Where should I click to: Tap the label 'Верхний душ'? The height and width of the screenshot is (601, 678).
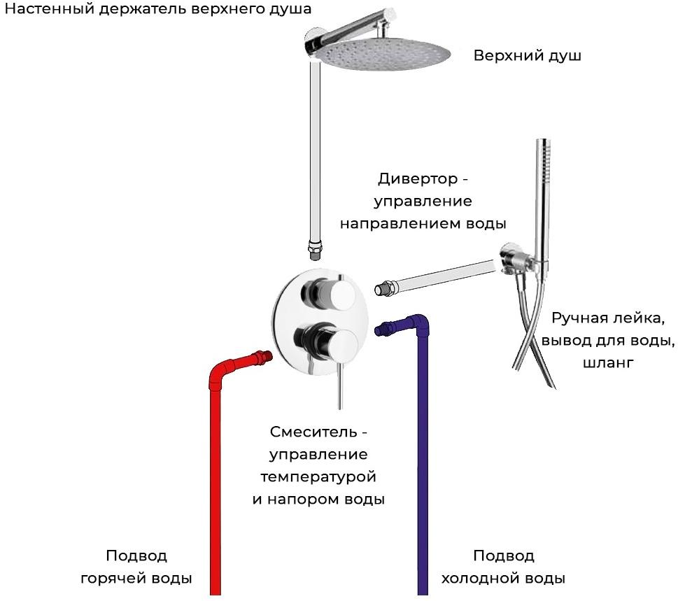coord(527,56)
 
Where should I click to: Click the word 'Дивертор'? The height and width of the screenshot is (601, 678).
coord(417,178)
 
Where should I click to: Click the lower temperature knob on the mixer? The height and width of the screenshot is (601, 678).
coord(329,341)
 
